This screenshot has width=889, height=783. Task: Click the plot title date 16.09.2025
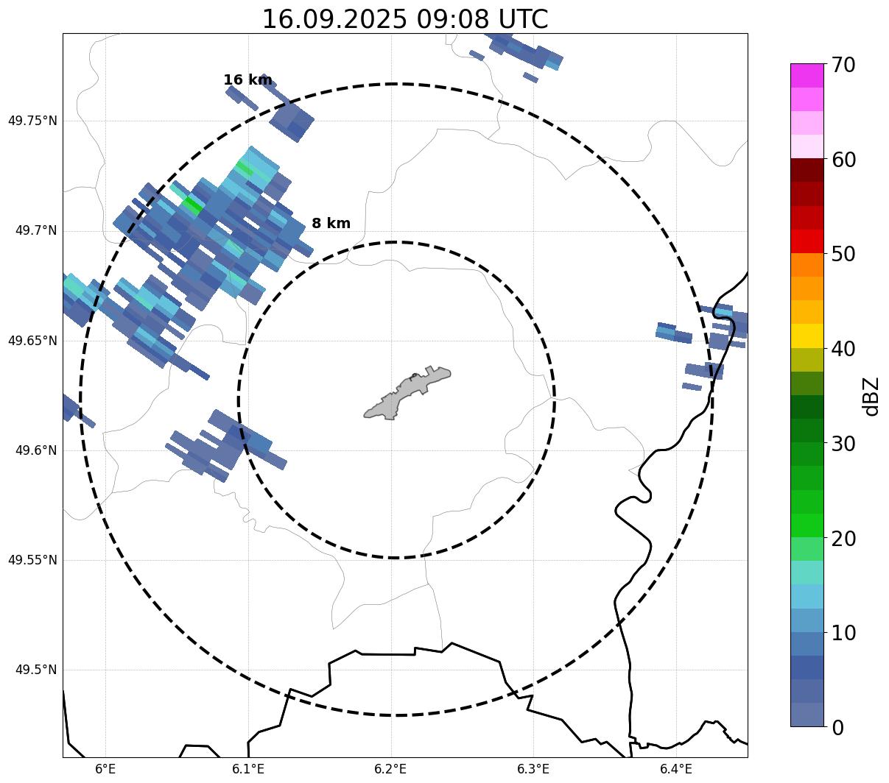point(334,19)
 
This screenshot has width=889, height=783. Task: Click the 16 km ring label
point(247,80)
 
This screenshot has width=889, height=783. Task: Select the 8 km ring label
point(331,224)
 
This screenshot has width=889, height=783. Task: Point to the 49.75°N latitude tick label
point(32,121)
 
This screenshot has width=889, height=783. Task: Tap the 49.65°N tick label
point(32,341)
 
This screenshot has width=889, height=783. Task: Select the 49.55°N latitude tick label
point(32,560)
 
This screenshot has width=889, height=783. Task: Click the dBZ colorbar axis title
point(872,396)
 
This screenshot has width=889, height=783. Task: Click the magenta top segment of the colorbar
point(807,75)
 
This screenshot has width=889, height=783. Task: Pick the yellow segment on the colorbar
point(807,336)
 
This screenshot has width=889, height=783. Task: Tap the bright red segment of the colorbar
point(807,241)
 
